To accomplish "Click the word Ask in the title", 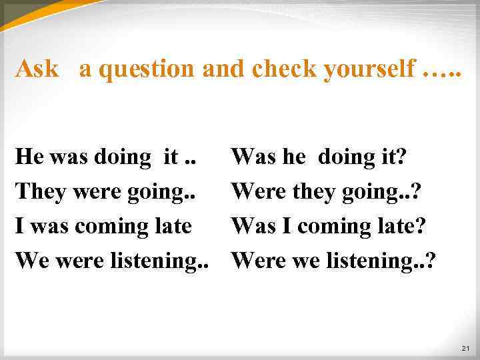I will [37, 68].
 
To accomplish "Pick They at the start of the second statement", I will [39, 191].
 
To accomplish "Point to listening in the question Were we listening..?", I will [376, 261].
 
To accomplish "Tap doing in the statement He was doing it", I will [123, 158].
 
